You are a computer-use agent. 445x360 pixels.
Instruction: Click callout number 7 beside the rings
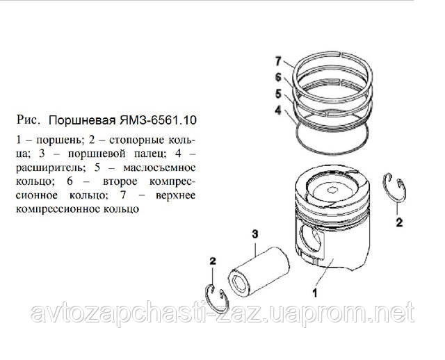(x=278, y=61)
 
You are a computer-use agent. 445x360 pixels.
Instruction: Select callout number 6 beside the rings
(x=278, y=77)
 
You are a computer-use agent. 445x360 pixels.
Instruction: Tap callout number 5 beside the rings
(x=278, y=94)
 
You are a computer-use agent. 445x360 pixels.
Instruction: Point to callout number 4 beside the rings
(x=278, y=111)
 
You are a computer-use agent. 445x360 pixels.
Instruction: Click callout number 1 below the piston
(x=315, y=293)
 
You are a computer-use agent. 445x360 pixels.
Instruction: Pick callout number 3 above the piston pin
(x=255, y=234)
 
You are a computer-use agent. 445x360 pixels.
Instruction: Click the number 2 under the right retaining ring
(x=399, y=222)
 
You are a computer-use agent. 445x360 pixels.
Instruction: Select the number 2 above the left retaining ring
(x=213, y=261)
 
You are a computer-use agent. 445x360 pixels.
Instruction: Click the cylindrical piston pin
(x=259, y=272)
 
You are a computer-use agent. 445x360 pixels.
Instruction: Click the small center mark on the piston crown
(x=331, y=190)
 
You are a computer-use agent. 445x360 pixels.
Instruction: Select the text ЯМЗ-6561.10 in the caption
(x=158, y=120)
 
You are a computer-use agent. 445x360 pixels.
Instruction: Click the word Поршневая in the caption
(x=82, y=121)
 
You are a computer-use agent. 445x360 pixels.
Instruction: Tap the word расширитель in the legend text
(x=51, y=167)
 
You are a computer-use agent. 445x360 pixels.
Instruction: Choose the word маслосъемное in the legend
(x=159, y=167)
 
